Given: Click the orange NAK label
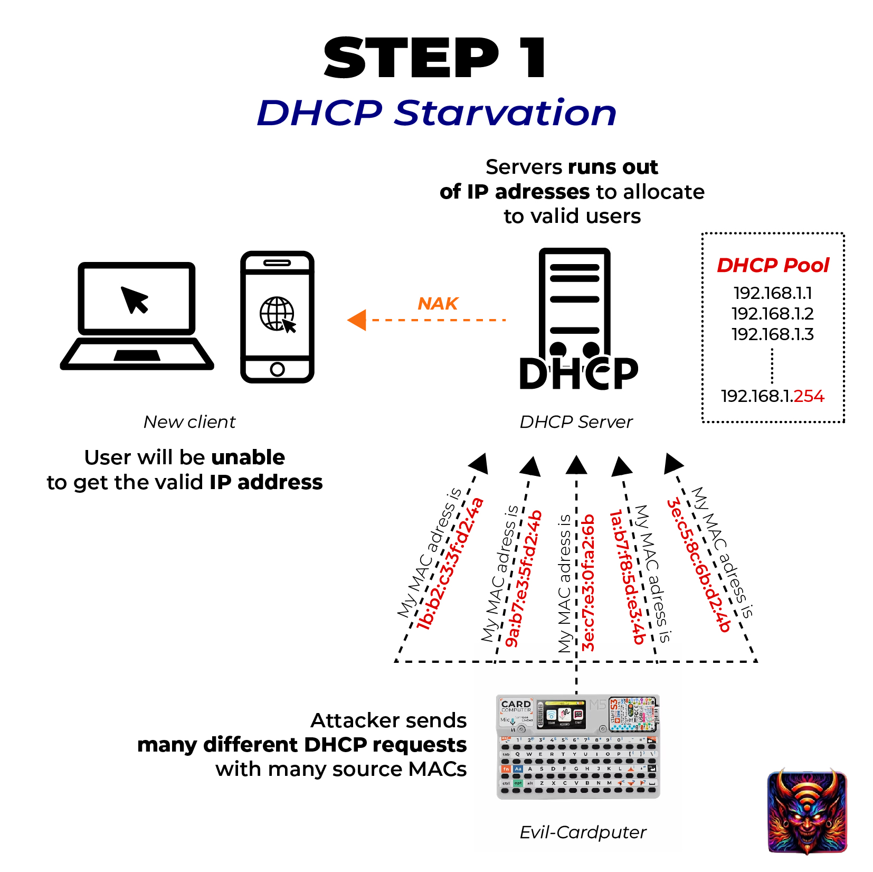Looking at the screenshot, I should pos(438,304).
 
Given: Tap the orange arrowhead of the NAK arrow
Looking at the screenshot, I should pos(357,320).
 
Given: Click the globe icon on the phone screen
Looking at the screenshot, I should pos(276,314).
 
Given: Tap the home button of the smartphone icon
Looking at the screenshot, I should pos(277,369).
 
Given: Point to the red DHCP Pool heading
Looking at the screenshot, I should pos(773,265).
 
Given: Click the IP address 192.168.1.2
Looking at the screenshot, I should pos(772,314).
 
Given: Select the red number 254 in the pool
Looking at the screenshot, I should pos(809,396).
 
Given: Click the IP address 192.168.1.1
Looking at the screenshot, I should pos(772,293).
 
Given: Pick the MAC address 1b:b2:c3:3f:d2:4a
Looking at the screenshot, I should pos(450,564).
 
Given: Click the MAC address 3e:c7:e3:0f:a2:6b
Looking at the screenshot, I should pos(588,582).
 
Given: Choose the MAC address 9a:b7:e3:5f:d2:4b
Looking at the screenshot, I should pos(523,578).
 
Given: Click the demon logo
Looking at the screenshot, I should pos(807,811).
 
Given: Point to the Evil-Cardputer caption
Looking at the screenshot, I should pos(583,832).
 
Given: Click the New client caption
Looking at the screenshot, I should pos(189,422).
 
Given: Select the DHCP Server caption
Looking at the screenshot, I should pos(576,422).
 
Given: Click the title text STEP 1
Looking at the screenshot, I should pos(436,58).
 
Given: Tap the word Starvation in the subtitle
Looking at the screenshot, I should pos(505,113).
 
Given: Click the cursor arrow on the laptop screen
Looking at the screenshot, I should pos(135,299).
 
